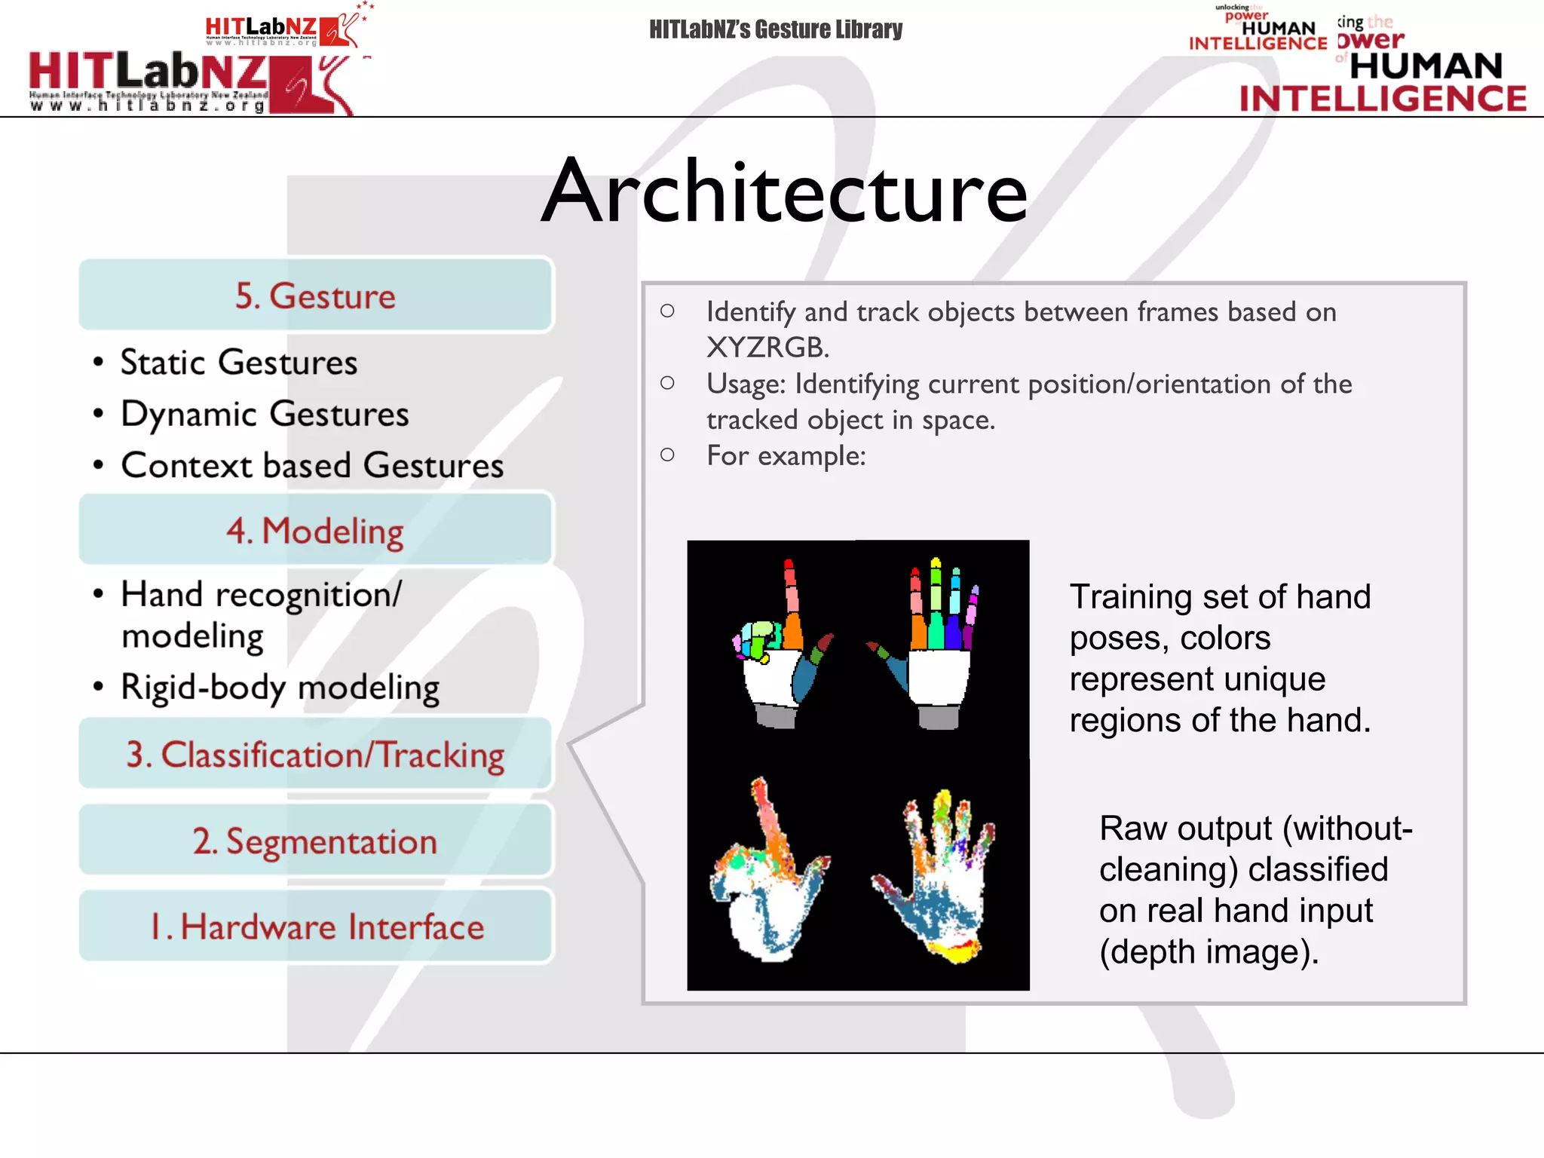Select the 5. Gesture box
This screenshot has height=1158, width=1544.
[x=315, y=296]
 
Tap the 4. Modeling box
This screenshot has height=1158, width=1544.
[x=315, y=530]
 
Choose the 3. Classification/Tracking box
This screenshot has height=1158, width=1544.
[x=315, y=755]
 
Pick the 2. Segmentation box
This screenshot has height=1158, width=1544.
[x=315, y=841]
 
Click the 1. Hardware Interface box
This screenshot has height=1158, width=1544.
[x=315, y=927]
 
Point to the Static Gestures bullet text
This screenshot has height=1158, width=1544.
[x=238, y=363]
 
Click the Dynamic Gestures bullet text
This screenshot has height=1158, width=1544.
[x=264, y=414]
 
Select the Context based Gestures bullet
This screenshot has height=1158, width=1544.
[x=311, y=465]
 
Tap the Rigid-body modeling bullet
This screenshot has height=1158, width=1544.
[x=280, y=687]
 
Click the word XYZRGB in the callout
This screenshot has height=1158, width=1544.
[x=767, y=348]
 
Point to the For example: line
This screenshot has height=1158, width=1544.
[x=786, y=455]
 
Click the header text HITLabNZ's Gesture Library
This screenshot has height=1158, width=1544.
[x=775, y=29]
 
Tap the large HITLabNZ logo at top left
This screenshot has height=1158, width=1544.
[x=188, y=81]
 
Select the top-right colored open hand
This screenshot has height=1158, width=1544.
[x=931, y=648]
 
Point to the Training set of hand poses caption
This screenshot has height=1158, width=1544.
[x=1219, y=657]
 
